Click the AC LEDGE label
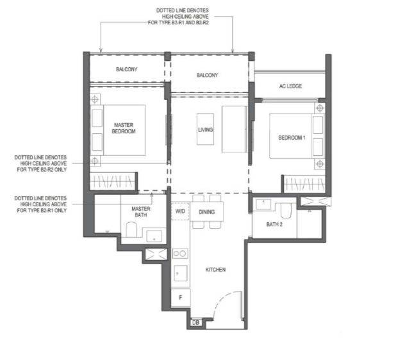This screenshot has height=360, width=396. click(290, 86)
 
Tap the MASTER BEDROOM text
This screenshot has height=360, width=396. click(124, 128)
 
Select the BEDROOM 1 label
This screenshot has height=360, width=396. click(292, 138)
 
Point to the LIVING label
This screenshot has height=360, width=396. click(205, 129)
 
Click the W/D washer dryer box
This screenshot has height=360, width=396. click(180, 211)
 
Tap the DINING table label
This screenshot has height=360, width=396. click(206, 212)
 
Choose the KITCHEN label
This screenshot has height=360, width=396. click(215, 270)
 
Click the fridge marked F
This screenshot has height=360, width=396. click(181, 298)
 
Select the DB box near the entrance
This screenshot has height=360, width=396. click(195, 322)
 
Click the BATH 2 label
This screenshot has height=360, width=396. click(274, 224)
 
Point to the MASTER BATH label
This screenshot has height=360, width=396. click(141, 212)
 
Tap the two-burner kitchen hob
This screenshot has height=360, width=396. click(180, 254)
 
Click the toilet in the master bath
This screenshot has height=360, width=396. click(131, 229)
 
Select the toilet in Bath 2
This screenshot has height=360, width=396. click(286, 211)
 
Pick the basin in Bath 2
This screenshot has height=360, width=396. click(263, 204)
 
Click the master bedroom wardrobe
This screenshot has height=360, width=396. click(112, 181)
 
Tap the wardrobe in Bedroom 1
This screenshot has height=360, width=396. click(304, 184)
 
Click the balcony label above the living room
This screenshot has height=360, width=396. click(207, 75)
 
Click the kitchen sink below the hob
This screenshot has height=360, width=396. click(181, 273)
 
